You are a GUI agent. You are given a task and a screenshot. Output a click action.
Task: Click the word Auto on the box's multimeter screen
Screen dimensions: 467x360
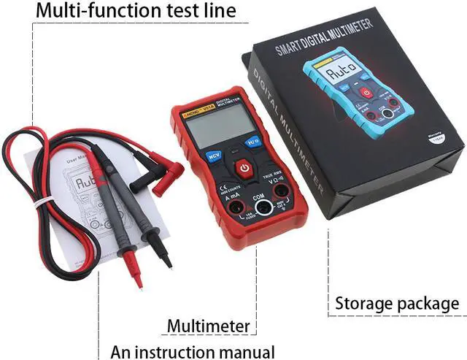tap(341, 73)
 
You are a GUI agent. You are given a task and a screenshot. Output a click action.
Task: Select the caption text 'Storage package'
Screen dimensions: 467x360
tap(397, 303)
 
